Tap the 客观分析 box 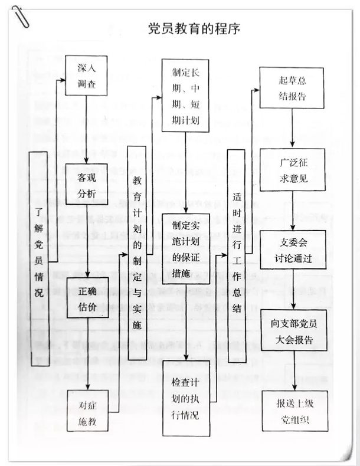click(x=86, y=183)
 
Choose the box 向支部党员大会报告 click(x=293, y=332)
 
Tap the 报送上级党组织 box click(x=293, y=413)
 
